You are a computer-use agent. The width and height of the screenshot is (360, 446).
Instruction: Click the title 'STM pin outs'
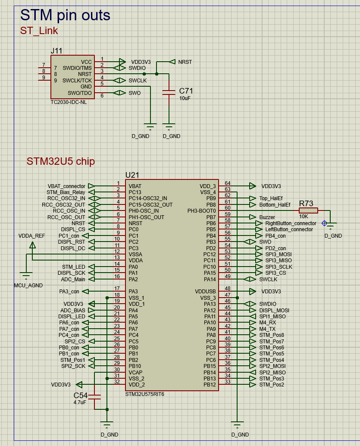click(65, 16)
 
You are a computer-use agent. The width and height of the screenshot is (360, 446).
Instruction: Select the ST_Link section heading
click(39, 31)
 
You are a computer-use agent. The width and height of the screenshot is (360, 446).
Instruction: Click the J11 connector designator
click(56, 50)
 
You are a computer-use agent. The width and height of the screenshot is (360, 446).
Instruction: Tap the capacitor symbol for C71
click(169, 92)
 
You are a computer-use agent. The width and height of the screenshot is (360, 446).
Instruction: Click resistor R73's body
click(308, 210)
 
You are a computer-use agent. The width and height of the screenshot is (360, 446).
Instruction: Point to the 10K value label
click(304, 217)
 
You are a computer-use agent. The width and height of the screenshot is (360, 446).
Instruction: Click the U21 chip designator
click(132, 175)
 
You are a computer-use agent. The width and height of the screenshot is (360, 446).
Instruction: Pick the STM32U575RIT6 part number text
click(144, 394)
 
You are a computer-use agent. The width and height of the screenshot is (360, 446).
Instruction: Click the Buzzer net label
click(267, 217)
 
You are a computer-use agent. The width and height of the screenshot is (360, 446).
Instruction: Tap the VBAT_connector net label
click(66, 186)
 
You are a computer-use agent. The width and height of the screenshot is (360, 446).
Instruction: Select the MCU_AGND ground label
click(28, 286)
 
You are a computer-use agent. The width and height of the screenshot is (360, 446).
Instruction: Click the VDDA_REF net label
click(31, 236)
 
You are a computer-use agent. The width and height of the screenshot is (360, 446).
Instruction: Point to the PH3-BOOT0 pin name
click(201, 211)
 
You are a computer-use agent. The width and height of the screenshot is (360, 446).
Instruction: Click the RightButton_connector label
click(291, 223)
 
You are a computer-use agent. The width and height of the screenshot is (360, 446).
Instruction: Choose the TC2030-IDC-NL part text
click(68, 102)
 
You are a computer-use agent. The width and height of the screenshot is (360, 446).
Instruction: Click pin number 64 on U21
click(228, 183)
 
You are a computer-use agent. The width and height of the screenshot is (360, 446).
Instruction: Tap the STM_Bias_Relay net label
click(66, 192)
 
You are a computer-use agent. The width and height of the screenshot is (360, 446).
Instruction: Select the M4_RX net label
click(267, 322)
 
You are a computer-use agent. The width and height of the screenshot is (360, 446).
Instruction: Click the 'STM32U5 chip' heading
click(61, 161)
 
